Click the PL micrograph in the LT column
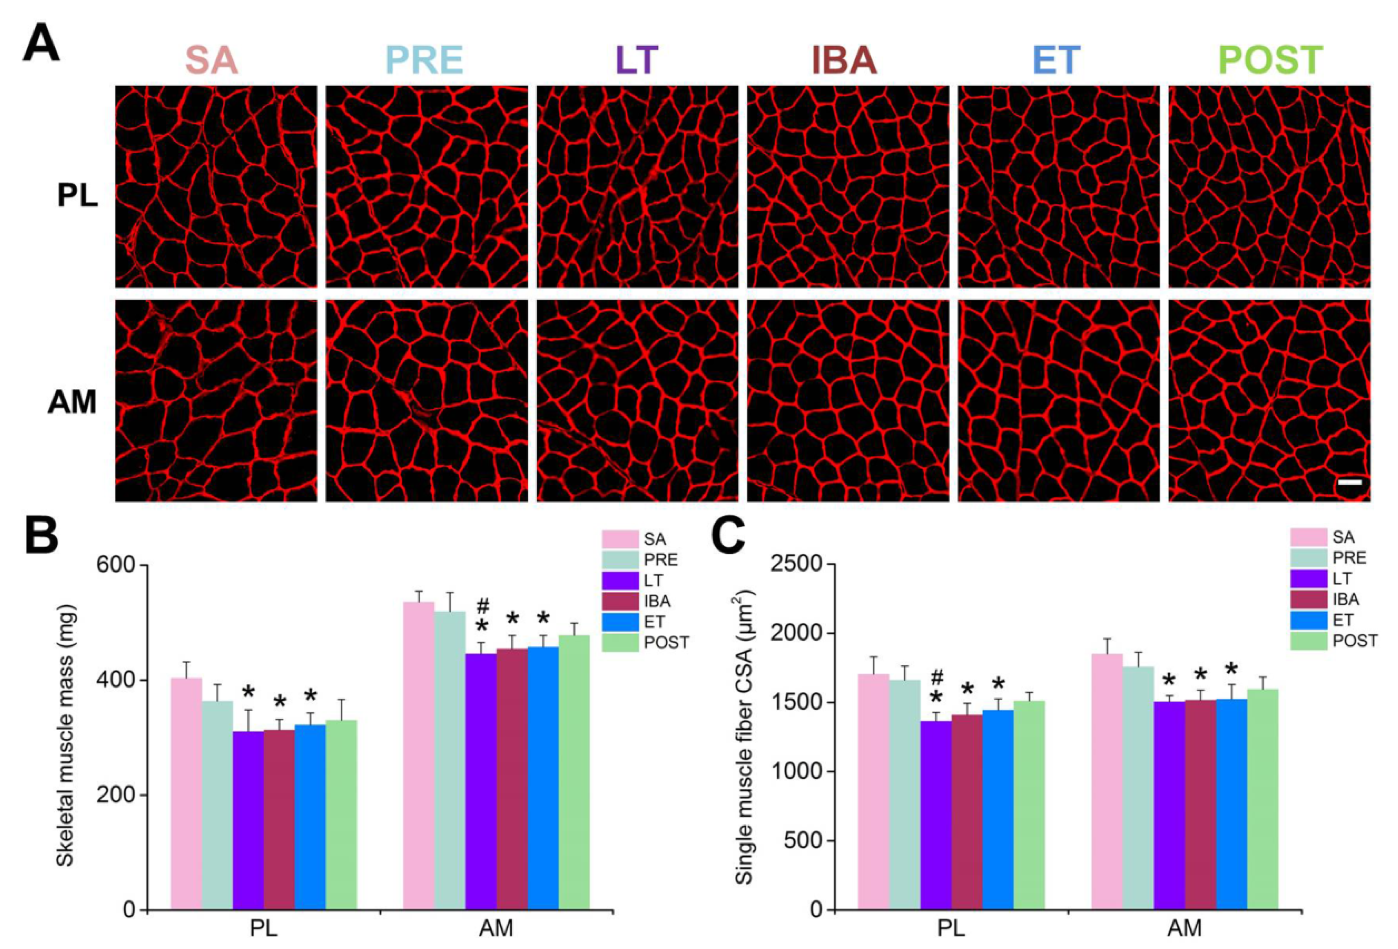click(637, 187)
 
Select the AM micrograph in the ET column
click(1058, 400)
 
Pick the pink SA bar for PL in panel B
click(187, 794)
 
